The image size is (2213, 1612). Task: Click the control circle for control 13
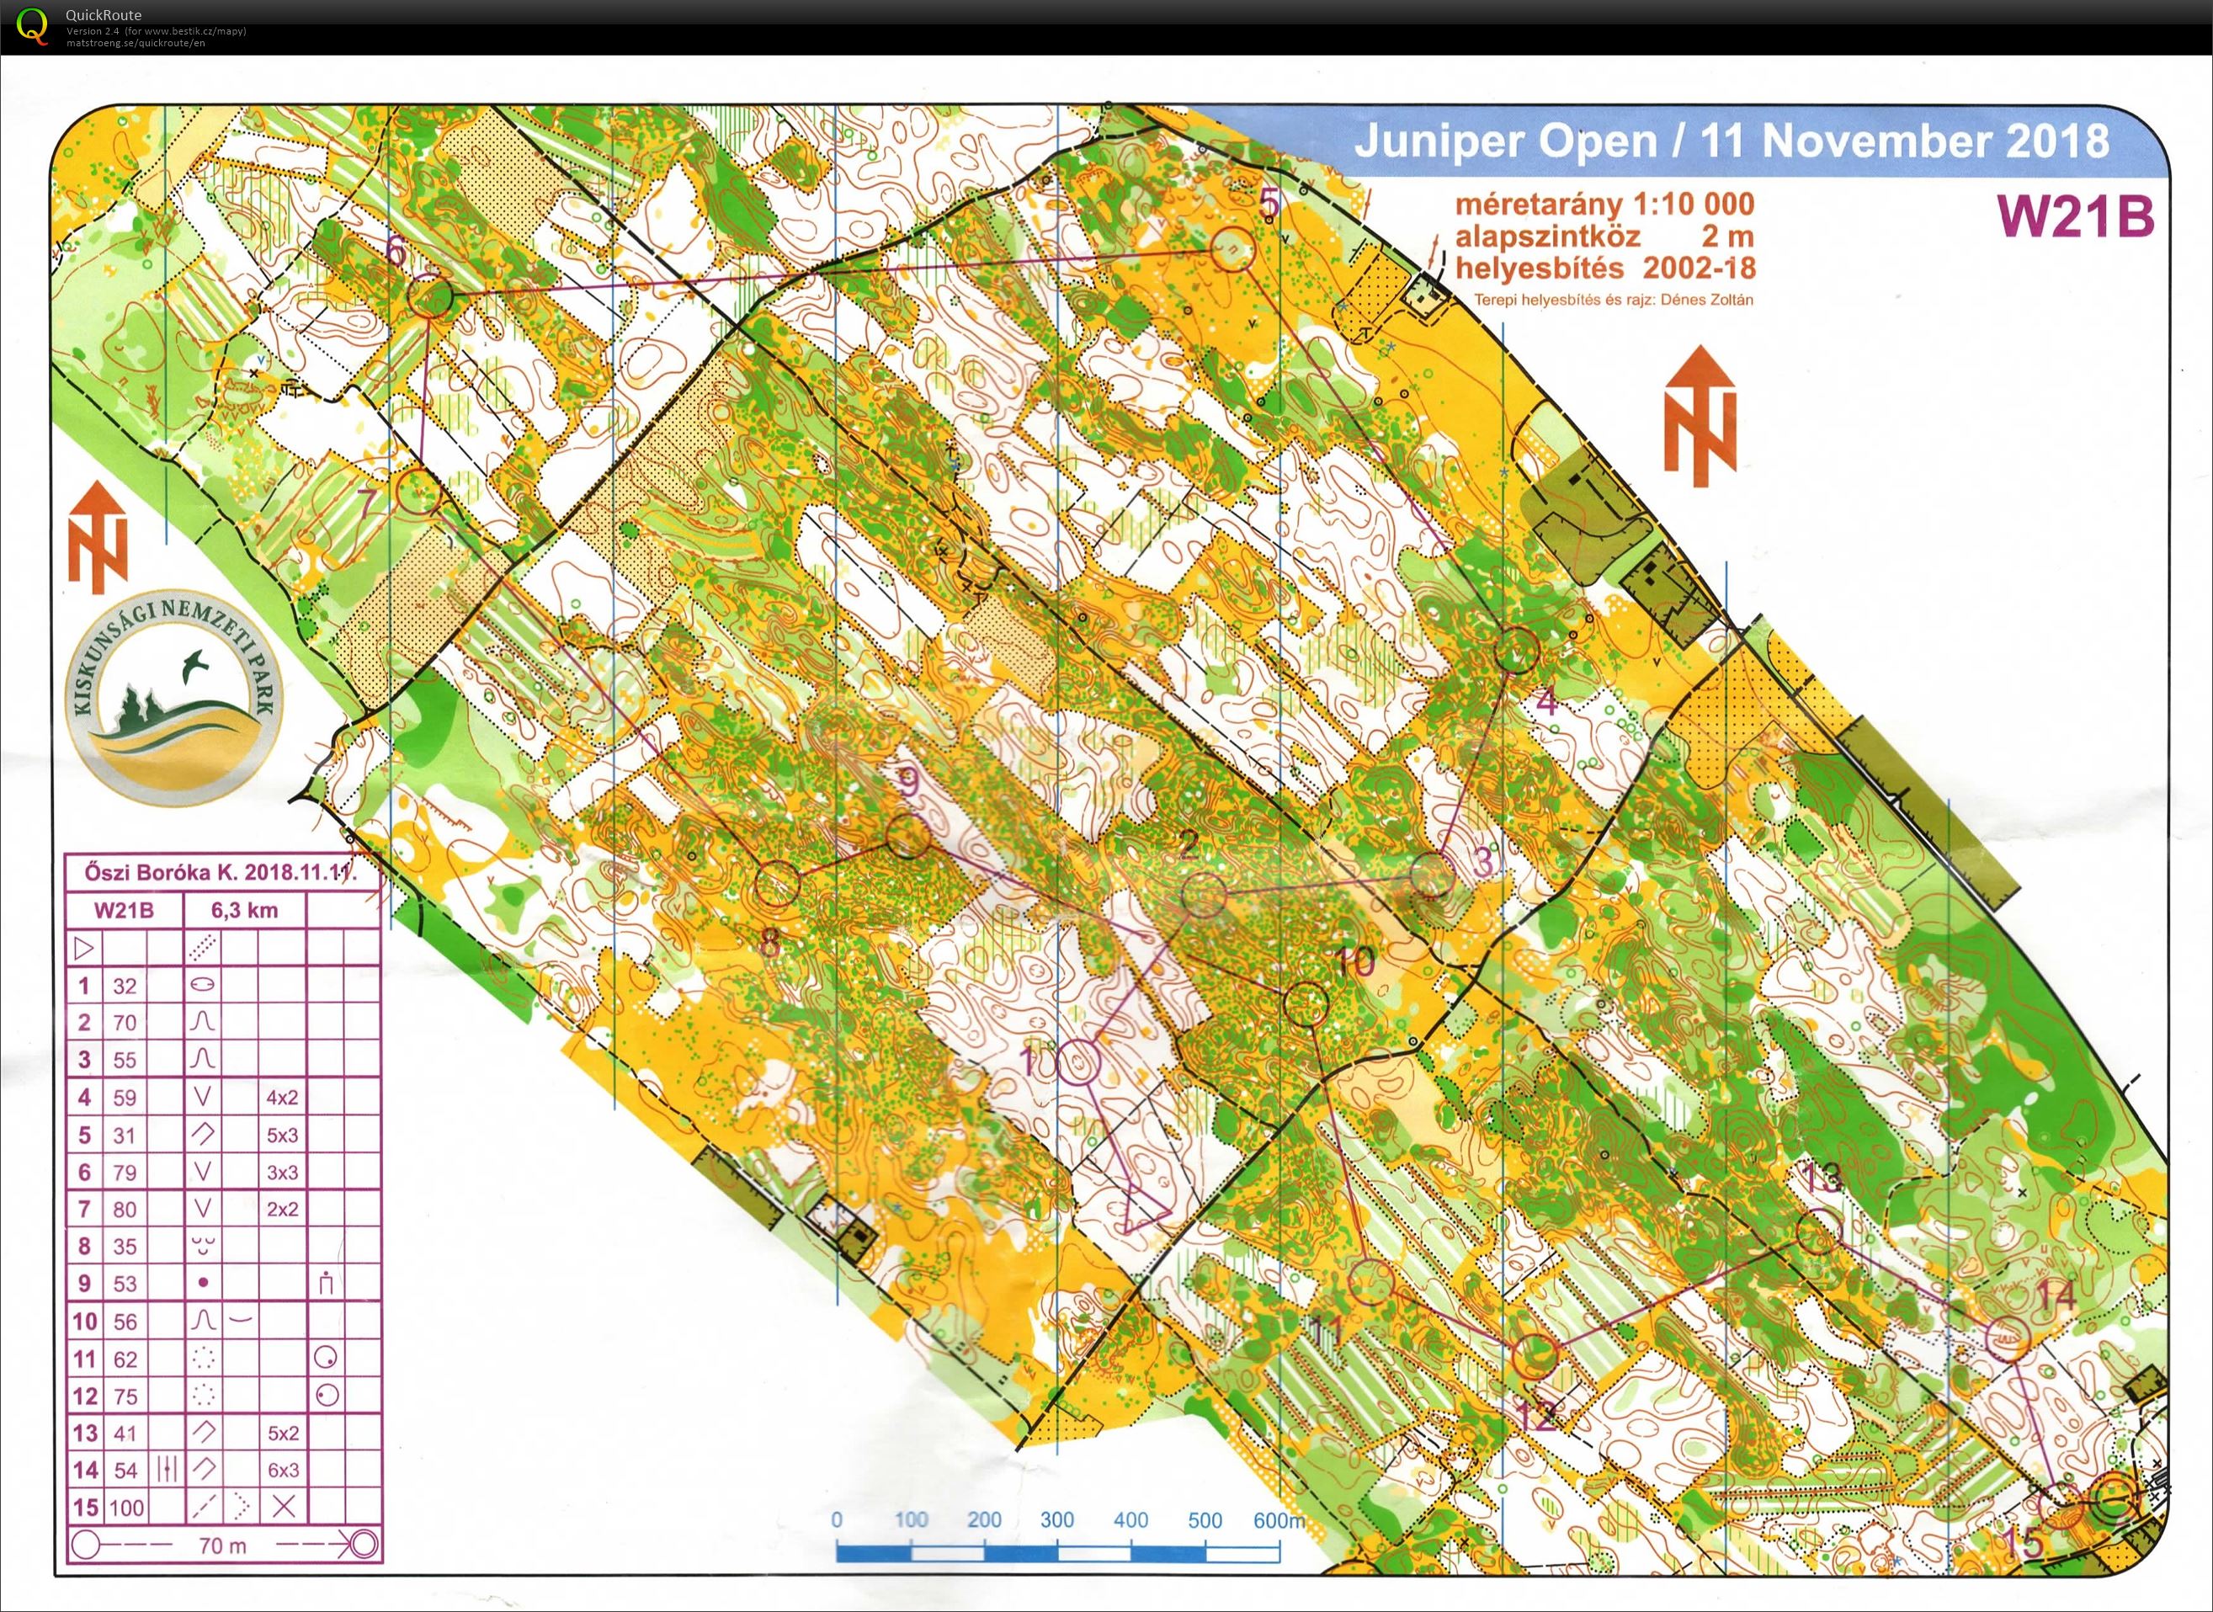coord(1817,1232)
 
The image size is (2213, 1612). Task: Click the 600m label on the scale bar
coord(1279,1520)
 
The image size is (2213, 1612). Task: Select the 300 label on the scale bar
coord(1056,1520)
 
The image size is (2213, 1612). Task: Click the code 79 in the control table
coord(125,1172)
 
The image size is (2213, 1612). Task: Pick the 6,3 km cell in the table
coord(244,911)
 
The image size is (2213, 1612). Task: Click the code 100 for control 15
coord(126,1508)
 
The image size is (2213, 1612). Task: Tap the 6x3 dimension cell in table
coord(282,1470)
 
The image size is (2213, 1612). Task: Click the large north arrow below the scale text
coord(1700,417)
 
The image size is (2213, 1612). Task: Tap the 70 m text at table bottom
coord(222,1545)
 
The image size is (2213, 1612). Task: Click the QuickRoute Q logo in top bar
coord(32,26)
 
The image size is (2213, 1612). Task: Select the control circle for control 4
coord(1515,651)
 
